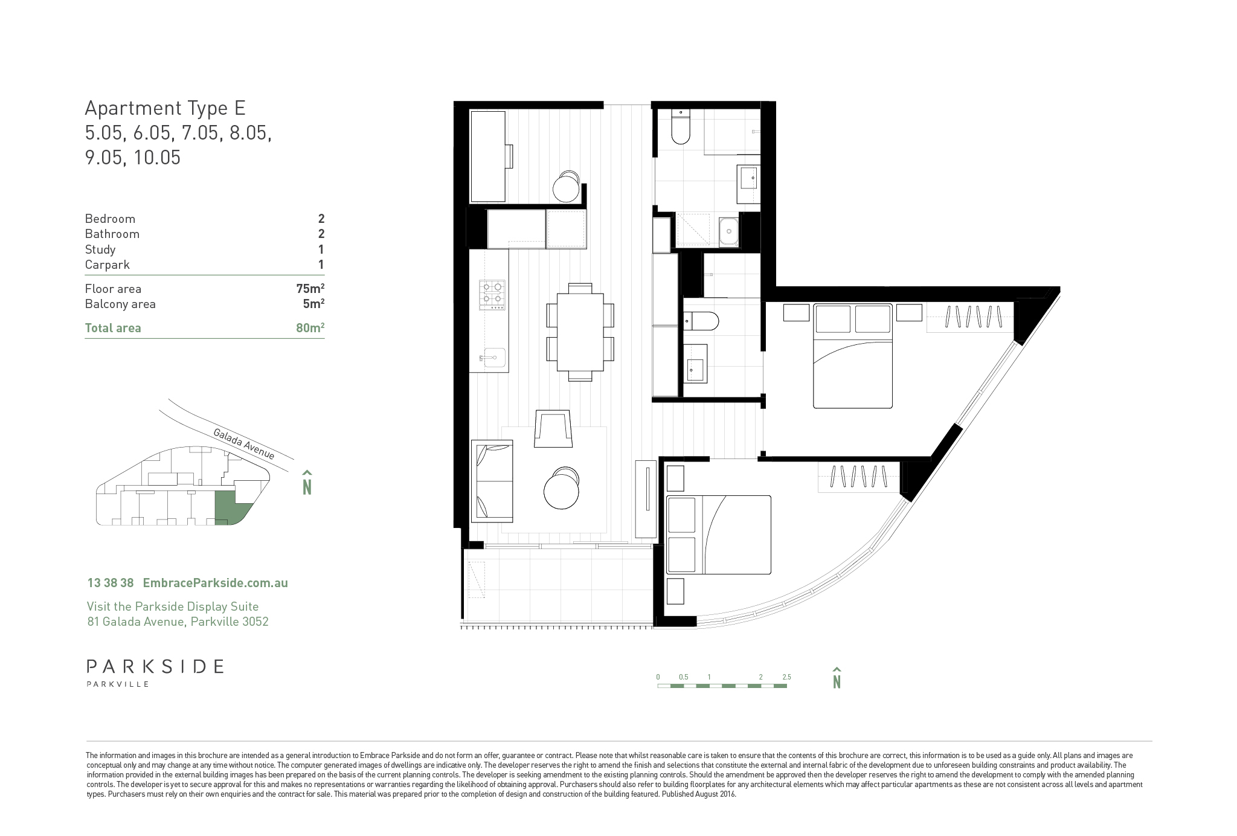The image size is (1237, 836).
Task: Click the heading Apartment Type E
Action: coord(165,108)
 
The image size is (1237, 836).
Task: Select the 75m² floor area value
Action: coord(310,289)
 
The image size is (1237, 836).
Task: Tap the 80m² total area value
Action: coord(310,328)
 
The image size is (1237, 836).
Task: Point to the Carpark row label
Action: coord(108,265)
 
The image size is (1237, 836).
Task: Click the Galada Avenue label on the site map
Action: coord(244,443)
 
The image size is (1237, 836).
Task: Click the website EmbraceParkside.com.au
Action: coord(215,583)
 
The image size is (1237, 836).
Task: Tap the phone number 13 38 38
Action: coord(111,583)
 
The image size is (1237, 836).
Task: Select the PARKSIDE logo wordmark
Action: coord(155,666)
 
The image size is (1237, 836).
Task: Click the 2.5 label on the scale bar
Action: coord(786,677)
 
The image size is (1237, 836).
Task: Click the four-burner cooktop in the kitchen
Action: coord(492,295)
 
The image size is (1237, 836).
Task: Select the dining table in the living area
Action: coord(580,332)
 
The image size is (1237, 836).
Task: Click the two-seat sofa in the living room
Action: coord(492,481)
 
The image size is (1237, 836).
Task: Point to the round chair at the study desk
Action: coord(567,187)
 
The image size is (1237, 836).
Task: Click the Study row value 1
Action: coord(321,249)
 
